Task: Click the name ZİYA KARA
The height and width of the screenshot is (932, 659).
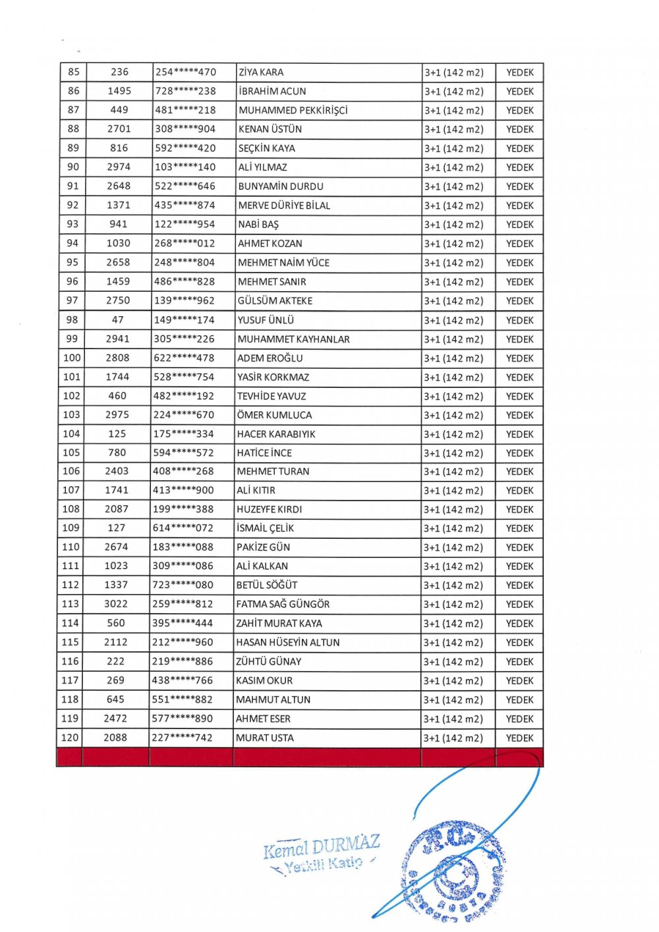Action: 261,72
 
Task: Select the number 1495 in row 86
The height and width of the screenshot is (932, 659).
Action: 119,91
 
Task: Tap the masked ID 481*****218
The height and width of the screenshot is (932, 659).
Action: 185,110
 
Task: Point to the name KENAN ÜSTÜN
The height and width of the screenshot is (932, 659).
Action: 270,129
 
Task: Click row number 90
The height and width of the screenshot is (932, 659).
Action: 73,167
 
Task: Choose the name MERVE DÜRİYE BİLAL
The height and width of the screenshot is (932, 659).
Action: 284,206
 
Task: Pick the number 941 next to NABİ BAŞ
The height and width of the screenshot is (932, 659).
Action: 119,225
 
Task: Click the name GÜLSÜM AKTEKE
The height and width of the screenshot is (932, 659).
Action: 275,301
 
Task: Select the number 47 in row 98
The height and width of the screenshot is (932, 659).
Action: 118,320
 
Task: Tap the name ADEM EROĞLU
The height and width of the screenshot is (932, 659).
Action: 270,358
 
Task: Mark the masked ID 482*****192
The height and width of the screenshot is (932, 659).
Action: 184,397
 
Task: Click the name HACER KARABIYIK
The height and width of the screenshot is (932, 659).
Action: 276,434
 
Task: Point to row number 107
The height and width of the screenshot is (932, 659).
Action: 71,491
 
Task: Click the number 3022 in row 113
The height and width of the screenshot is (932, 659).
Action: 116,604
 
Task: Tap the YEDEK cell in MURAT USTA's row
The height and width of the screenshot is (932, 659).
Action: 519,738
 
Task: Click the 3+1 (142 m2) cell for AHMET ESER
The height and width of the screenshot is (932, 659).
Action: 453,719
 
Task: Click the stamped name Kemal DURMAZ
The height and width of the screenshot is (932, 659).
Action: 321,847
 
